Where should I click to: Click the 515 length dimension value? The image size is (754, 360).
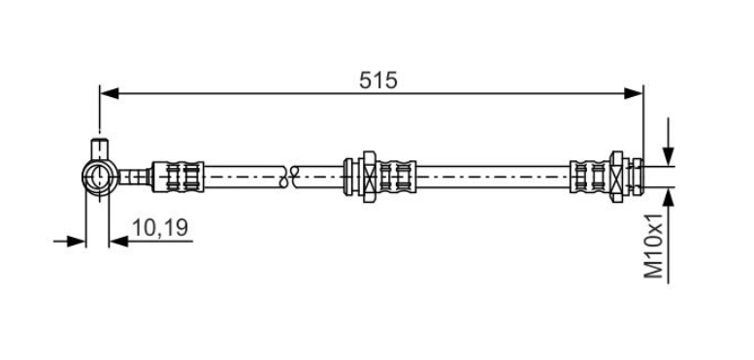click(377, 81)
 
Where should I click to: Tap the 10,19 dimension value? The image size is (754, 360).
click(160, 227)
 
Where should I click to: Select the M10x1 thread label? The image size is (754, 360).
click(653, 246)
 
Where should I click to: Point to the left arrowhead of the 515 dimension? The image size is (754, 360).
click(109, 93)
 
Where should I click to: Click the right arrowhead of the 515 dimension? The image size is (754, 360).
click(633, 93)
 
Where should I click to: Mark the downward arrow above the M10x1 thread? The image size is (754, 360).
click(668, 142)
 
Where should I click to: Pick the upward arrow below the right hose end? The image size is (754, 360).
click(668, 236)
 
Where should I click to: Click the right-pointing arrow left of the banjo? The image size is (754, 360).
click(69, 241)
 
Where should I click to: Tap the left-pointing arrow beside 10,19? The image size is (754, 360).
click(151, 241)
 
